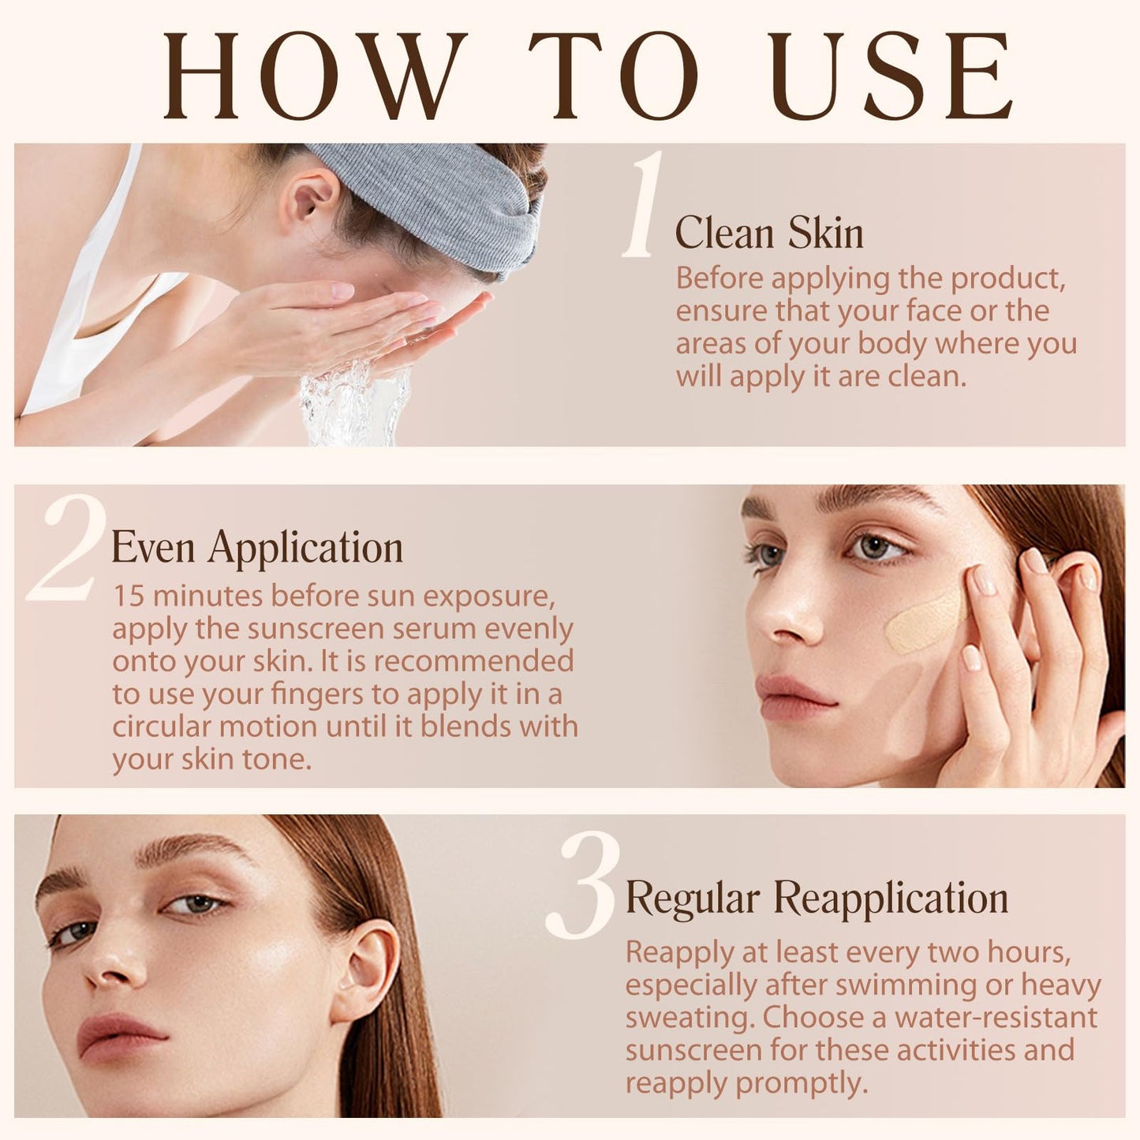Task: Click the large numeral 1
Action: click(x=644, y=205)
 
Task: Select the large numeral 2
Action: click(x=67, y=549)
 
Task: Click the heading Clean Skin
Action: click(x=769, y=234)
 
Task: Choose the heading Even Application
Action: click(x=257, y=548)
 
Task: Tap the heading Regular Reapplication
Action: click(x=817, y=899)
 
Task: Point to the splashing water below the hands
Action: click(x=355, y=402)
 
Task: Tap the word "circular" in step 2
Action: click(x=162, y=727)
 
